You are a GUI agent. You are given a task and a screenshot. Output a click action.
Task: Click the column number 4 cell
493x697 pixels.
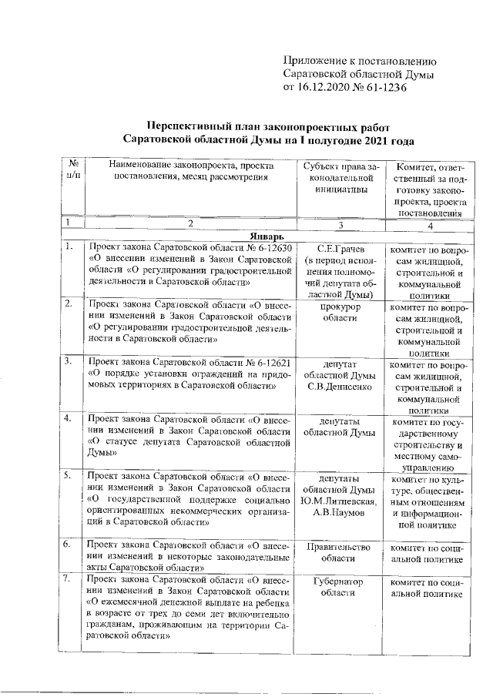pyautogui.click(x=431, y=225)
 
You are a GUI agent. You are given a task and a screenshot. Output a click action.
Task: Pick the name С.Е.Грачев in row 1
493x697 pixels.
pyautogui.click(x=339, y=249)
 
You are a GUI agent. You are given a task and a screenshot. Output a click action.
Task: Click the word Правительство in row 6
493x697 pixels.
pyautogui.click(x=339, y=546)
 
